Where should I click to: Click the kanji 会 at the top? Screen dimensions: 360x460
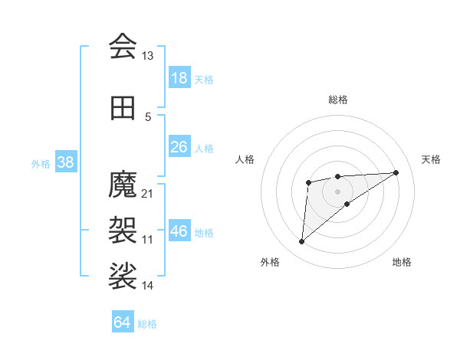coord(123,47)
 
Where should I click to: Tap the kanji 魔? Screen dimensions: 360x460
coord(123,184)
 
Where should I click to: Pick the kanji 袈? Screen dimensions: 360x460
coord(123,231)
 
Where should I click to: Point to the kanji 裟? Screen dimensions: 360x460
coord(123,277)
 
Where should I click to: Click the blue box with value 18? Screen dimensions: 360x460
coord(179,78)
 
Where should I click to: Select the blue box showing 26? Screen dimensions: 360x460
coord(179,147)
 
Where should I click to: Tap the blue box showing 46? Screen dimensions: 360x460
coord(179,231)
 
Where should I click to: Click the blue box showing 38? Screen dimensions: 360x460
coord(65,162)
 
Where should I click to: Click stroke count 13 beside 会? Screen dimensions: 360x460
coord(147,56)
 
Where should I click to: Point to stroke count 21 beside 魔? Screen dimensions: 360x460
coord(147,193)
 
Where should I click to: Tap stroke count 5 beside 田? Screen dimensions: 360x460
coord(148,117)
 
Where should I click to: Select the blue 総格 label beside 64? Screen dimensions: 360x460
coord(147,324)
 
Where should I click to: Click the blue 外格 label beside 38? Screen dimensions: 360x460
coord(41,163)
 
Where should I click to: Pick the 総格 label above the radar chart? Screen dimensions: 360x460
coord(337,100)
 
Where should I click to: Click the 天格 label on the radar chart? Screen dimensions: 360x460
coord(431,159)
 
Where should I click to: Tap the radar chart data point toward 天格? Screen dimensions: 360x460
coord(396,172)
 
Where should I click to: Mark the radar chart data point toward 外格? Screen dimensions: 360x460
coord(301,242)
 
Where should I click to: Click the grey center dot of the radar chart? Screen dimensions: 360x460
coord(337,190)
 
